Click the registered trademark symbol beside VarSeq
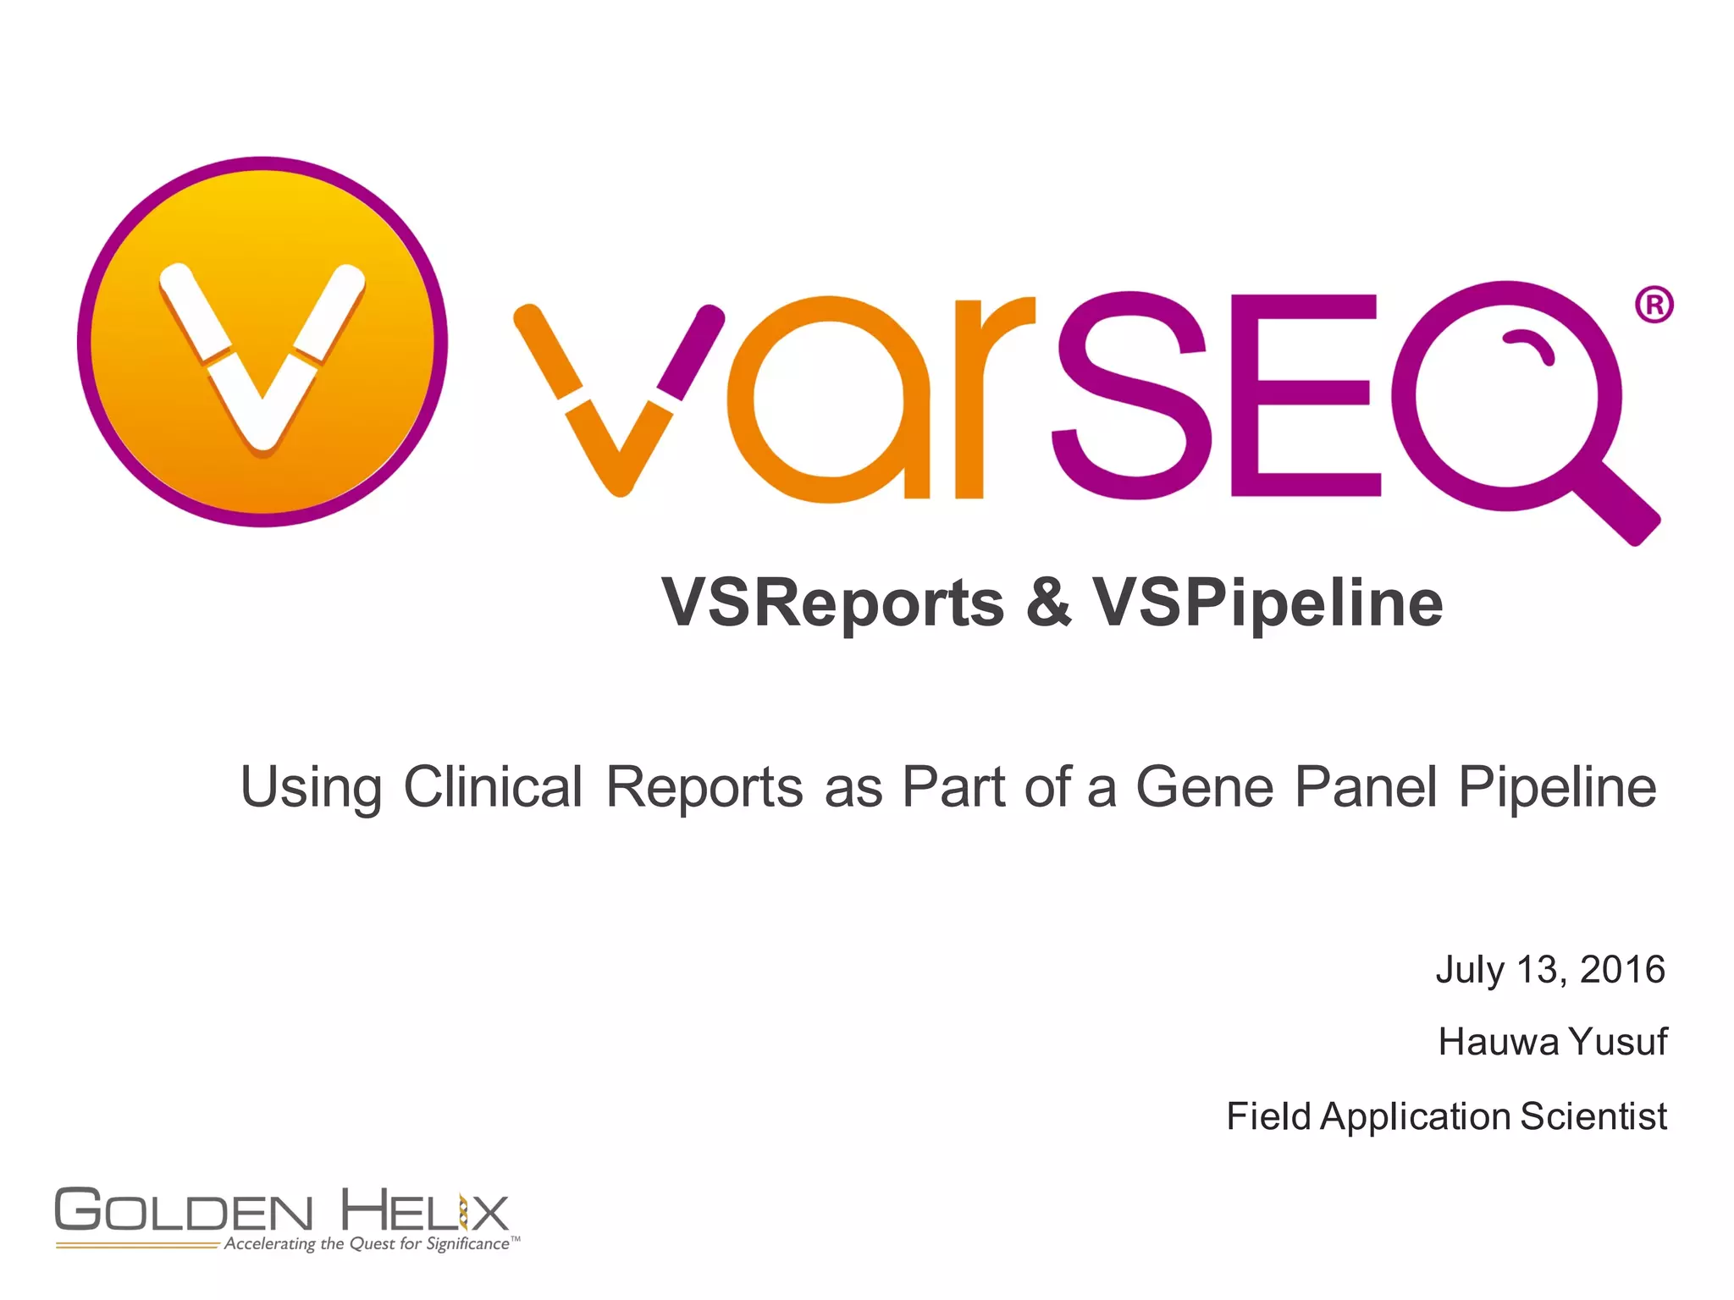tap(1654, 305)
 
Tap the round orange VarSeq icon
tap(262, 342)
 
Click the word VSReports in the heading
tap(832, 603)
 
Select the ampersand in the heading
tap(1048, 603)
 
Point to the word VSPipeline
tap(1267, 603)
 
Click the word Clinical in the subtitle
tap(493, 787)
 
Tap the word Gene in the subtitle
tap(1204, 787)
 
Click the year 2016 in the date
tap(1622, 970)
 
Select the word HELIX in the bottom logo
tap(424, 1210)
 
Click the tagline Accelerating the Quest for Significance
tap(367, 1244)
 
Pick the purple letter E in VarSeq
tap(1304, 395)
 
